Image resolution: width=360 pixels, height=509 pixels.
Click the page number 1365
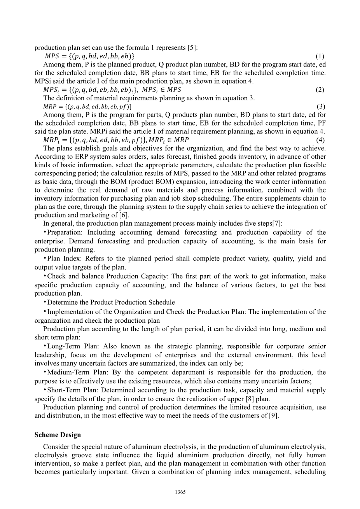pyautogui.click(x=180, y=492)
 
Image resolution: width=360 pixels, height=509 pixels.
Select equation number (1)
pyautogui.click(x=320, y=56)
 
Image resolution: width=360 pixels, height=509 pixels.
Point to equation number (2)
pyautogui.click(x=320, y=90)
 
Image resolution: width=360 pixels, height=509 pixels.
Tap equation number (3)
pyautogui.click(x=321, y=106)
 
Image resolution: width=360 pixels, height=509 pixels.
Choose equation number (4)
pyautogui.click(x=321, y=140)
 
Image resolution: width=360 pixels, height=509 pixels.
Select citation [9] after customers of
pyautogui.click(x=274, y=416)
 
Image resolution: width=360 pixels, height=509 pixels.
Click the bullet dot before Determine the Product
pyautogui.click(x=45, y=302)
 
